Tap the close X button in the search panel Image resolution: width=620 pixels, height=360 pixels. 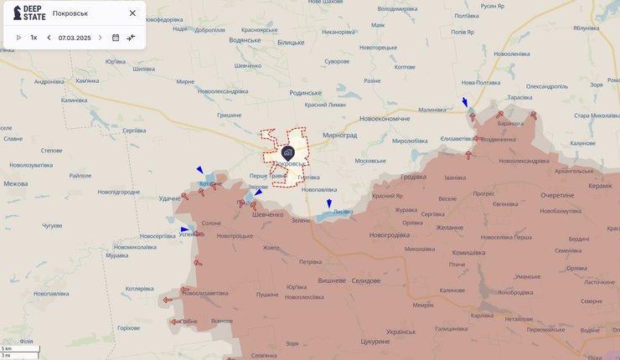[132, 13]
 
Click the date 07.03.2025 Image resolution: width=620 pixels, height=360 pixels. [75, 38]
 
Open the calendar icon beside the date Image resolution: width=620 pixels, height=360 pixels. [116, 38]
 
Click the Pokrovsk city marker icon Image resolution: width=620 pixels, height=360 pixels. [287, 152]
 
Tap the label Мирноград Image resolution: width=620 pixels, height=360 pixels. [339, 134]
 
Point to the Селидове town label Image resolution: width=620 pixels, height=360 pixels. [365, 280]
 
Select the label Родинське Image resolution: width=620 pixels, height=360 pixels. [302, 93]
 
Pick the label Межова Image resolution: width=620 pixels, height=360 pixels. [15, 183]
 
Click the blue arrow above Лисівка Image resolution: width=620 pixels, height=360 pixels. [329, 203]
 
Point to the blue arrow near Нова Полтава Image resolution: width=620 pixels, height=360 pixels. [465, 103]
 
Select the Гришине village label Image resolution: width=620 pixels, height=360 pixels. [230, 115]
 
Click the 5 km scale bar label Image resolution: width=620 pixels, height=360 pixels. [7, 347]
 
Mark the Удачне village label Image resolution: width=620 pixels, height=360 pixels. [169, 198]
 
